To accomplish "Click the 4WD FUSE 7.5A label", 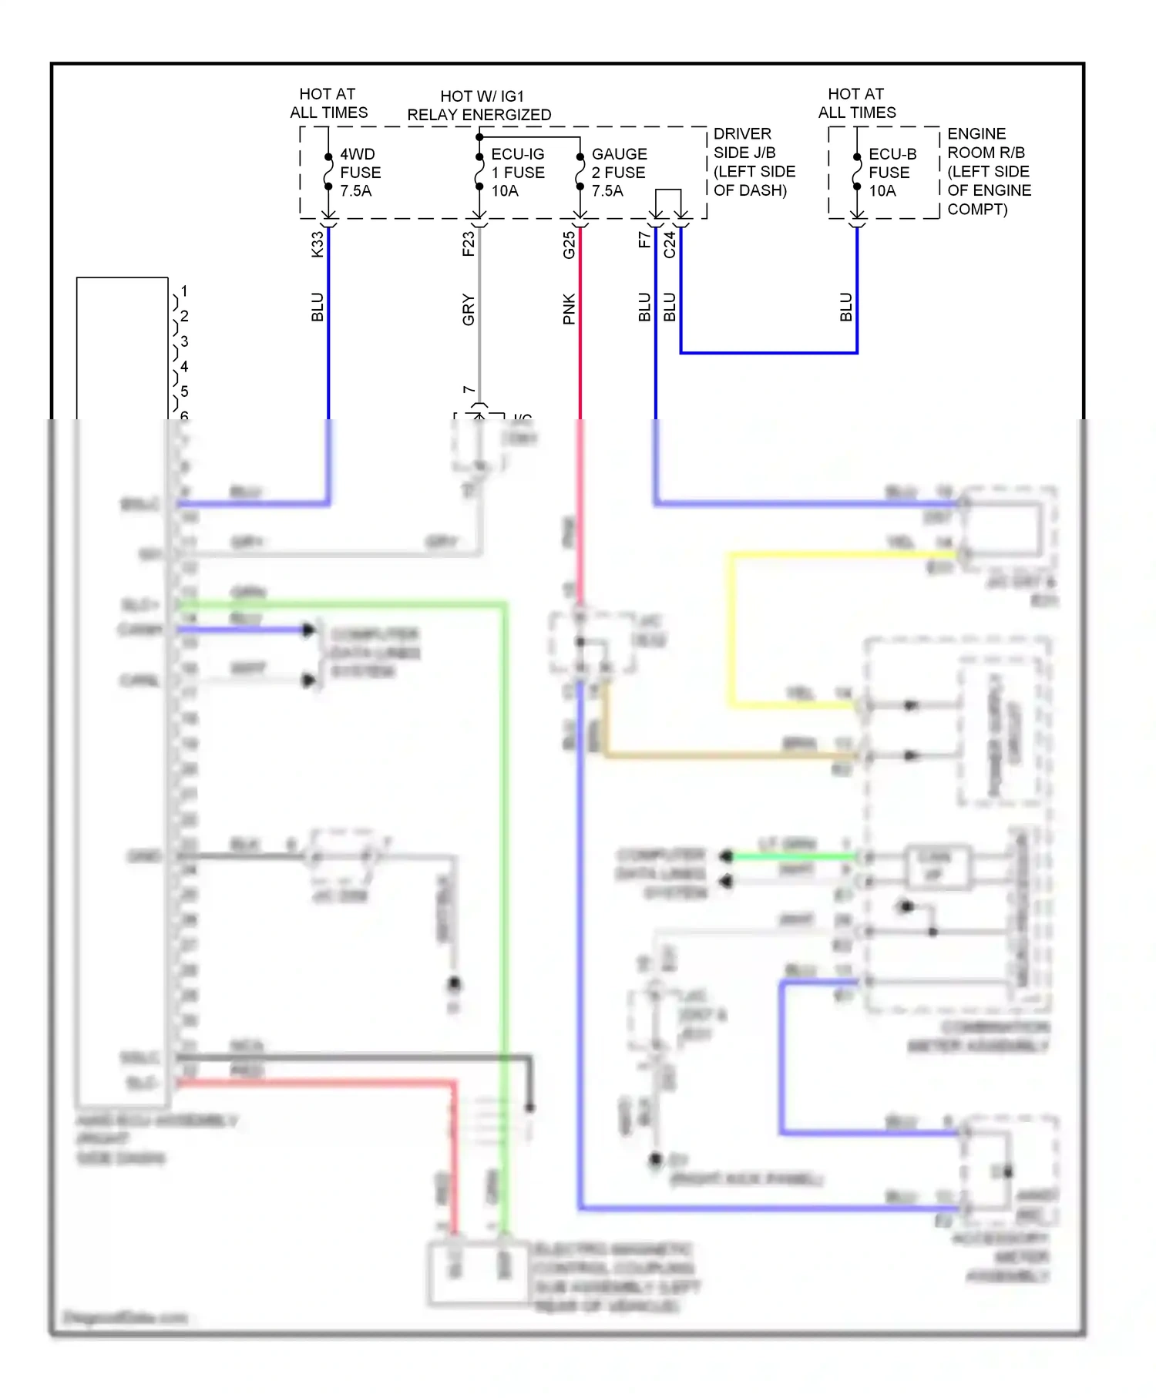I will click(x=360, y=173).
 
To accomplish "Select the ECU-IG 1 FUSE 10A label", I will click(x=517, y=173).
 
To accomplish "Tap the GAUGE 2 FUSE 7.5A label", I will click(x=619, y=173).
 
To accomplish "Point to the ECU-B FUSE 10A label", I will click(x=892, y=173).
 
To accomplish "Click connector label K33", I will click(x=317, y=244).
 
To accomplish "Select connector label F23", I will click(x=468, y=244).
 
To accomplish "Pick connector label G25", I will click(x=569, y=245).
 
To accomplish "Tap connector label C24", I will click(x=669, y=245).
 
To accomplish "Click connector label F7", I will click(x=644, y=240).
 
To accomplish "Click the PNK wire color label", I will click(x=569, y=308).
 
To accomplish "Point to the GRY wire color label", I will click(x=468, y=309).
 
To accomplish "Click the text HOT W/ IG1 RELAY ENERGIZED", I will click(x=479, y=106).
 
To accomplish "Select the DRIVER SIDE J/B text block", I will click(x=753, y=162).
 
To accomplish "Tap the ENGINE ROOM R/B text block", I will click(x=988, y=171).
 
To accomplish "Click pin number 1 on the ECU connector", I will click(x=184, y=291).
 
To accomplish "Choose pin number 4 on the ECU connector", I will click(x=184, y=366).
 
